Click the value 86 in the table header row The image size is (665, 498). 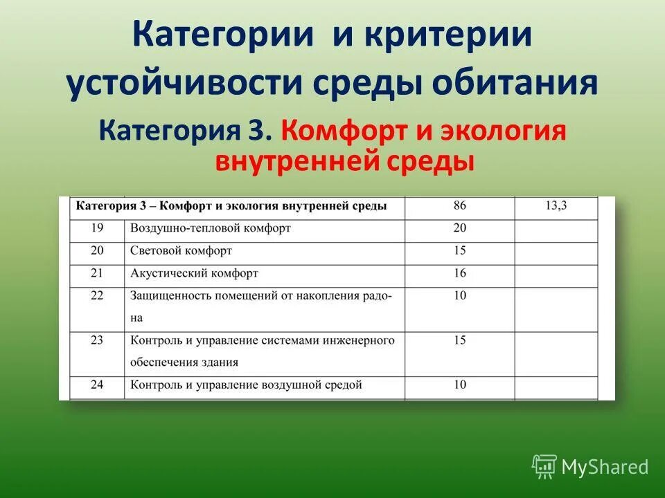(x=460, y=205)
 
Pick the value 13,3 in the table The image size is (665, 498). (x=556, y=205)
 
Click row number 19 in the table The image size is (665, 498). (x=97, y=228)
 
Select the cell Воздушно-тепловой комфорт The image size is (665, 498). (x=211, y=228)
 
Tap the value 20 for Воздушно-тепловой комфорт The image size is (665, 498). (x=460, y=228)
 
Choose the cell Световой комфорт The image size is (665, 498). (x=181, y=250)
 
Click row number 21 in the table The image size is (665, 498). (x=97, y=273)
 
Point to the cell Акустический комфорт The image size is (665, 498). (x=194, y=273)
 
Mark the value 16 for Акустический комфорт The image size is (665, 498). (x=460, y=273)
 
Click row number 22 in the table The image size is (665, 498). (x=97, y=295)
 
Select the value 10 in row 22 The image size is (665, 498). (x=460, y=295)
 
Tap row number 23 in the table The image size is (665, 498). (x=97, y=340)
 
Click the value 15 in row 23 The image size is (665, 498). (x=460, y=340)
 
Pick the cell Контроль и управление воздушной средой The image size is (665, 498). (x=246, y=385)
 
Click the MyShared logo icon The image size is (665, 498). (x=544, y=466)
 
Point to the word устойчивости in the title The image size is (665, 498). (x=187, y=84)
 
